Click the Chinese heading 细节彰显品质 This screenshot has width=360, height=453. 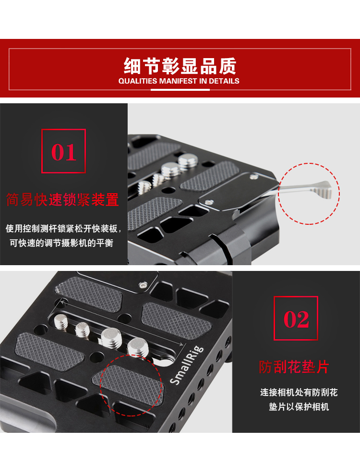click(180, 66)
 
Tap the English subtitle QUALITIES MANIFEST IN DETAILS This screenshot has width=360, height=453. click(179, 81)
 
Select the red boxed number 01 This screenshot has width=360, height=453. click(63, 151)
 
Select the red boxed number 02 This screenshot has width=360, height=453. click(296, 318)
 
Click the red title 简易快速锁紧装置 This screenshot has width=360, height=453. click(63, 199)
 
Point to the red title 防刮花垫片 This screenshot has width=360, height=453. click(294, 367)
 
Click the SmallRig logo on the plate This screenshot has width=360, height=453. click(187, 365)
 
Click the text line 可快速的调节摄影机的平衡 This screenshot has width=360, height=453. click(61, 243)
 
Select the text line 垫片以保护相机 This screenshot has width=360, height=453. click(299, 407)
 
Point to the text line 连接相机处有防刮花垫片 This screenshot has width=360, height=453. click(299, 392)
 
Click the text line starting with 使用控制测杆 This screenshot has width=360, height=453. click(63, 229)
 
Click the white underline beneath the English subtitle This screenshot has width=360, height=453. click(180, 90)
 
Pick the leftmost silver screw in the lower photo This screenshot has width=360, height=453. click(61, 321)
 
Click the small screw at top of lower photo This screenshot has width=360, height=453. click(143, 285)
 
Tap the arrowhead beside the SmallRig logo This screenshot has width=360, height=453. click(181, 344)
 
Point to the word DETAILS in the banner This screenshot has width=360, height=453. click(224, 81)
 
